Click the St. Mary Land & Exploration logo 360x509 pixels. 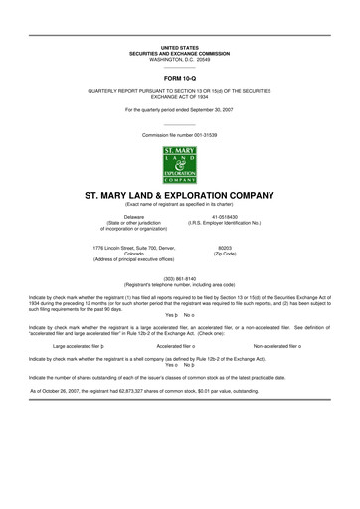179,164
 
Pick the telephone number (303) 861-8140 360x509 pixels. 180,279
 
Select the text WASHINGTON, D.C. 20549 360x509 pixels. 180,59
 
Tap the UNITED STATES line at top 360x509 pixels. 180,47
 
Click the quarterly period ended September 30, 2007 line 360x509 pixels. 180,109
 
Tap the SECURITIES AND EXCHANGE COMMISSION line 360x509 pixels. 180,53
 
